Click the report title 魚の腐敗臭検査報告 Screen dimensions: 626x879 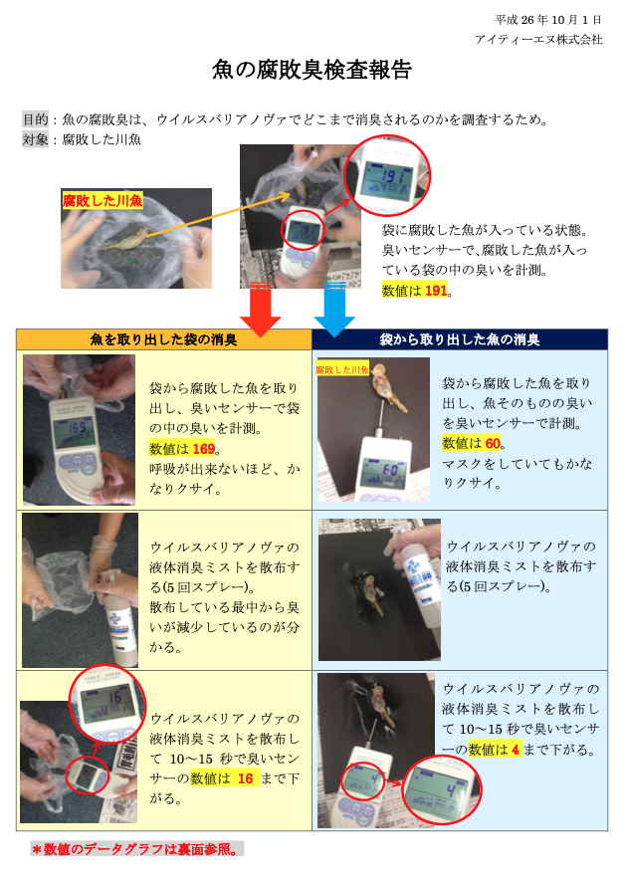point(312,70)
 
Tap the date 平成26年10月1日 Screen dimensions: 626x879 point(548,20)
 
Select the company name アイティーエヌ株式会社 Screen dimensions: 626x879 point(538,39)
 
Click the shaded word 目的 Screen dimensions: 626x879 point(35,119)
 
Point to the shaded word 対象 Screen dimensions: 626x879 point(35,139)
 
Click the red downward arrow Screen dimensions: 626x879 point(261,310)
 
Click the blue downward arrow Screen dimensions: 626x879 point(334,310)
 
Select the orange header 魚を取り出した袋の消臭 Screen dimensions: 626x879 point(163,339)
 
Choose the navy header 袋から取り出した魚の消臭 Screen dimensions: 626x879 point(460,339)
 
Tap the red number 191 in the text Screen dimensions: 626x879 point(436,291)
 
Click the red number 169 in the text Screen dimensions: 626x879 point(203,449)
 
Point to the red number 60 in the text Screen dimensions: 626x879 point(493,443)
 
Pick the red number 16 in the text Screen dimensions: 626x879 point(245,778)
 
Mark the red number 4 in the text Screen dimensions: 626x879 point(516,750)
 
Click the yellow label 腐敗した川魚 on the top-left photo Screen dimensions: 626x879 point(102,201)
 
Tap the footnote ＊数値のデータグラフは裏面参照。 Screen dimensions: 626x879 point(137,849)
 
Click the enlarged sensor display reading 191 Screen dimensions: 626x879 point(388,176)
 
